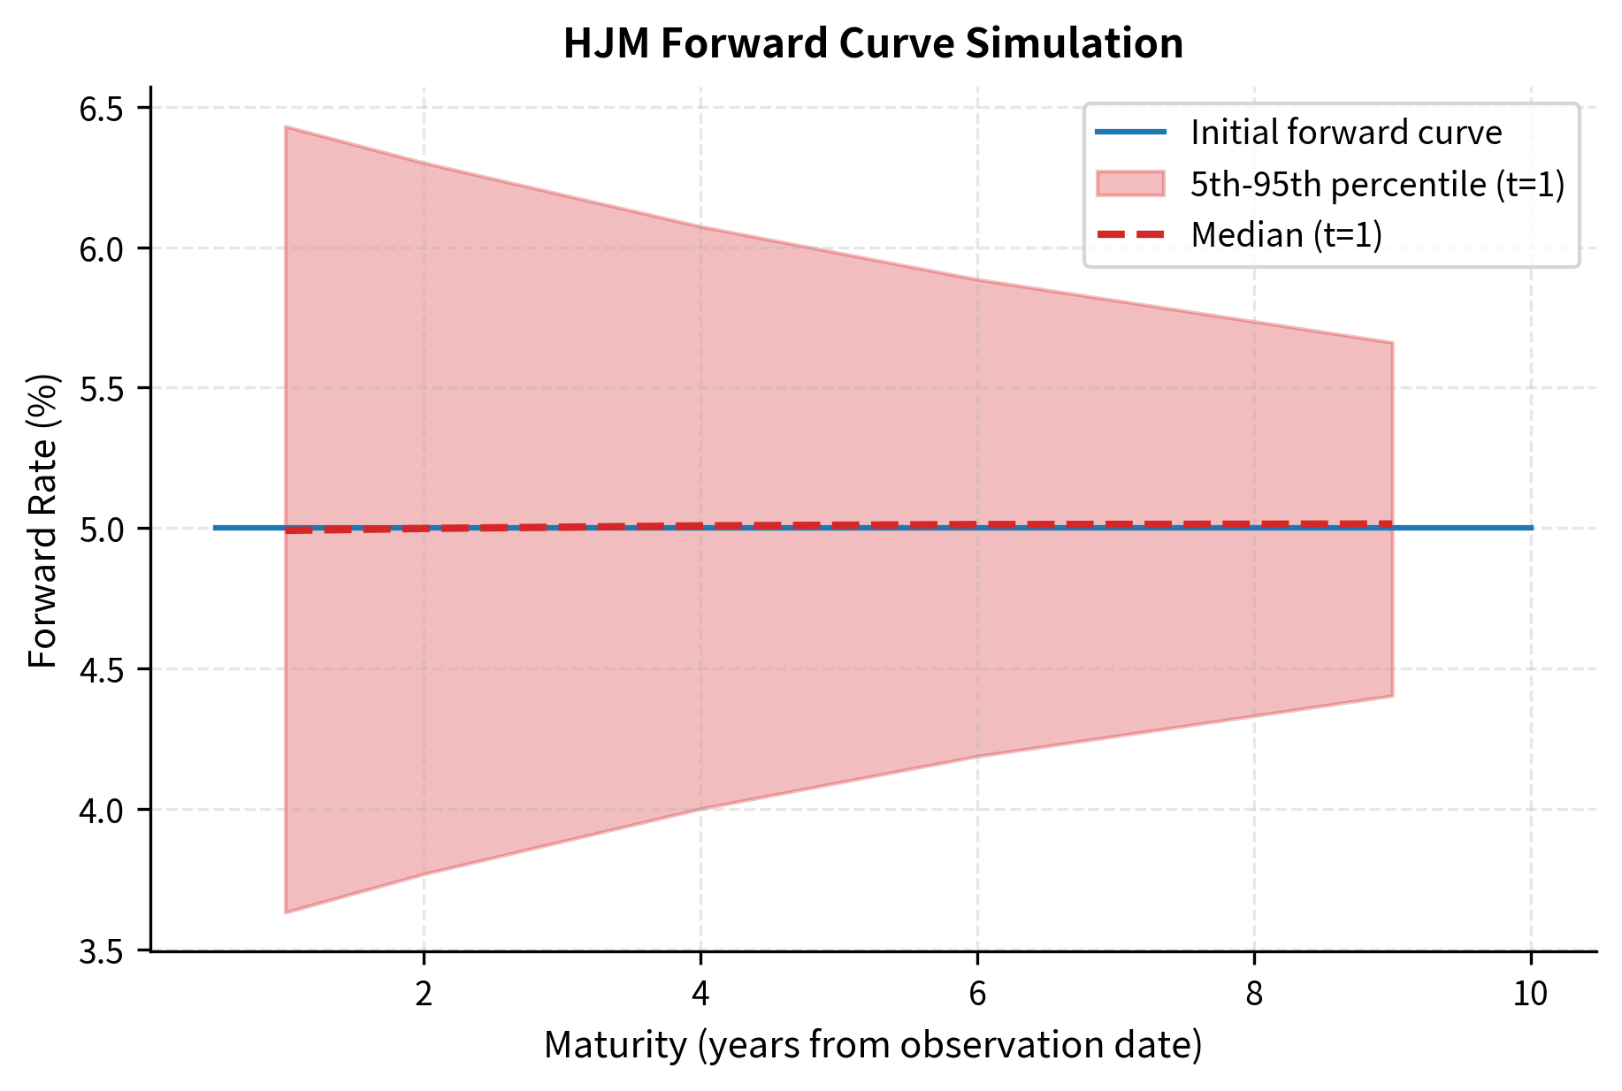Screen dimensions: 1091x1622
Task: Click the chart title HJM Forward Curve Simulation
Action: pyautogui.click(x=873, y=43)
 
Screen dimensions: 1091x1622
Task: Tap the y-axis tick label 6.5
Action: pyautogui.click(x=102, y=109)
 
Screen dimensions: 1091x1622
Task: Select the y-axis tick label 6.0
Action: pyautogui.click(x=102, y=248)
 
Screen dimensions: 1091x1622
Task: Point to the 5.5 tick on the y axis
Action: pyautogui.click(x=102, y=389)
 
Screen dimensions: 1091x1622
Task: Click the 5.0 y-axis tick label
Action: pyautogui.click(x=102, y=529)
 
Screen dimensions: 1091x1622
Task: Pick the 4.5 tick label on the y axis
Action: pyautogui.click(x=102, y=669)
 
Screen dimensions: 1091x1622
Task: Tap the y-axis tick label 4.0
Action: pyautogui.click(x=102, y=810)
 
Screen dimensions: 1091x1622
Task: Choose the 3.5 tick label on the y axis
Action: pyautogui.click(x=102, y=951)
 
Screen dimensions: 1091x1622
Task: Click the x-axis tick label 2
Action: pyautogui.click(x=424, y=995)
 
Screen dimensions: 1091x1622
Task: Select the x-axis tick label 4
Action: pyautogui.click(x=700, y=995)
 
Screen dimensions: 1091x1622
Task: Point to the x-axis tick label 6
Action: pyautogui.click(x=977, y=995)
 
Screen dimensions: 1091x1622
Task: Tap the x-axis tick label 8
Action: pyautogui.click(x=1254, y=995)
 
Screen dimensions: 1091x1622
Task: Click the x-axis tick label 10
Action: pyautogui.click(x=1530, y=995)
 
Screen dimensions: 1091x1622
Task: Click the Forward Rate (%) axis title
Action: pyautogui.click(x=42, y=522)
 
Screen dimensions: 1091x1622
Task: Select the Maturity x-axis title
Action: pyautogui.click(x=873, y=1045)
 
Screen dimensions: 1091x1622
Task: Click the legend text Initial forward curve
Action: pyautogui.click(x=1346, y=133)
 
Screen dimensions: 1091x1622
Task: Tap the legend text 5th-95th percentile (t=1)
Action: pyautogui.click(x=1378, y=184)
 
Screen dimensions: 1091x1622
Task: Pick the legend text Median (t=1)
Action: pyautogui.click(x=1286, y=235)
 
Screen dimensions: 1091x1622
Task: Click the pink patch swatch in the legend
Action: pyautogui.click(x=1130, y=184)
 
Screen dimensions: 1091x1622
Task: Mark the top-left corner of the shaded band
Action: pyautogui.click(x=286, y=127)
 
